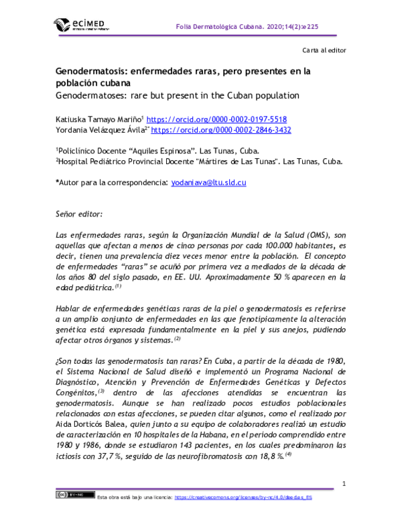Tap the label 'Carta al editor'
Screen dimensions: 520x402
(324, 52)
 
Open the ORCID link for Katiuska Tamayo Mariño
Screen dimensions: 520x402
(216, 118)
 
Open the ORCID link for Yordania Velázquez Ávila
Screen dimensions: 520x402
(220, 130)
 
